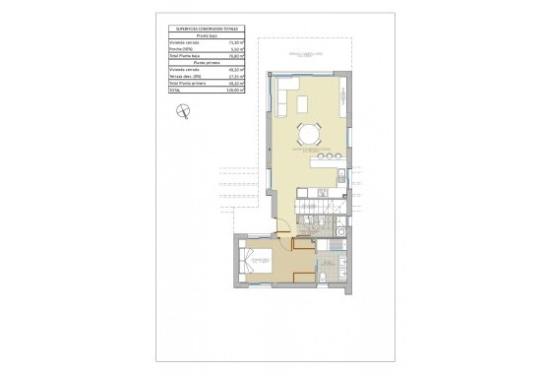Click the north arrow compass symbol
point(179,113)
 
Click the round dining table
point(310,133)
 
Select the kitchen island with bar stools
point(325,158)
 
